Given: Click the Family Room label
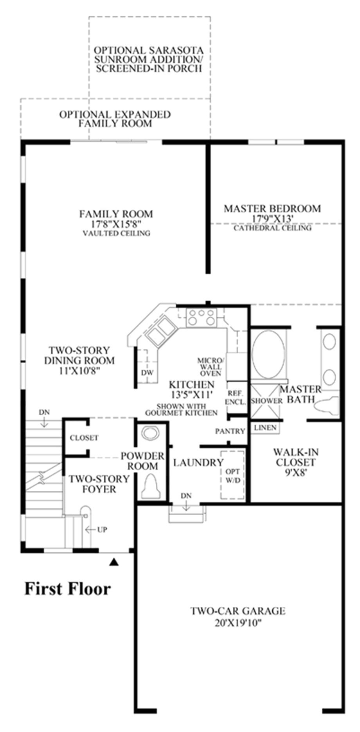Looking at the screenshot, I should (116, 214).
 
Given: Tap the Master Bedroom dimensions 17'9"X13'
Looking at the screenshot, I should (273, 218).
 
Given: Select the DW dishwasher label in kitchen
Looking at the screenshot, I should (147, 373).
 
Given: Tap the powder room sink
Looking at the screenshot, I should (151, 433).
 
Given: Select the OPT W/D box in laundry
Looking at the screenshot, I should (232, 475).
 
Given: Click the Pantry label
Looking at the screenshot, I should (230, 431).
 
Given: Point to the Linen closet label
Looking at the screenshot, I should (265, 427).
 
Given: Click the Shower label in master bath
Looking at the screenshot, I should (266, 401).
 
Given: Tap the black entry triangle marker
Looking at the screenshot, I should (113, 562).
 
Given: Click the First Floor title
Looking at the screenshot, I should (68, 589).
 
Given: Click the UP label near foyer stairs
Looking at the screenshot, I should (102, 530).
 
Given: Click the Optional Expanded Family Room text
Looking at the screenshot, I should (115, 119).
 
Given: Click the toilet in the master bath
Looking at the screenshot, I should (328, 406).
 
